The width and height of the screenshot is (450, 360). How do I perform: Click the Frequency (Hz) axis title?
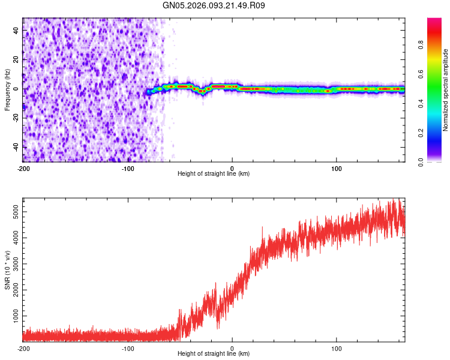pyautogui.click(x=7, y=89)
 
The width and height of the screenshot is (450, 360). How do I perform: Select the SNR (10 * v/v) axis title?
pyautogui.click(x=7, y=269)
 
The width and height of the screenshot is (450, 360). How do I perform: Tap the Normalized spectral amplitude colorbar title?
pyautogui.click(x=446, y=89)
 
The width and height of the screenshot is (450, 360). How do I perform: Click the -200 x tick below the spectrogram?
pyautogui.click(x=23, y=169)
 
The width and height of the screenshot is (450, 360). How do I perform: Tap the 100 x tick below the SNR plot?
pyautogui.click(x=337, y=349)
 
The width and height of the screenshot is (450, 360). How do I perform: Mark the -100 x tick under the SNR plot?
pyautogui.click(x=127, y=349)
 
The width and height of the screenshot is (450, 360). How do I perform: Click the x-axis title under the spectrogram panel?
pyautogui.click(x=214, y=174)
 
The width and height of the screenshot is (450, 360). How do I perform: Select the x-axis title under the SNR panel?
pyautogui.click(x=214, y=354)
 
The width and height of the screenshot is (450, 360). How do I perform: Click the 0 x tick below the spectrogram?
pyautogui.click(x=232, y=169)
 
